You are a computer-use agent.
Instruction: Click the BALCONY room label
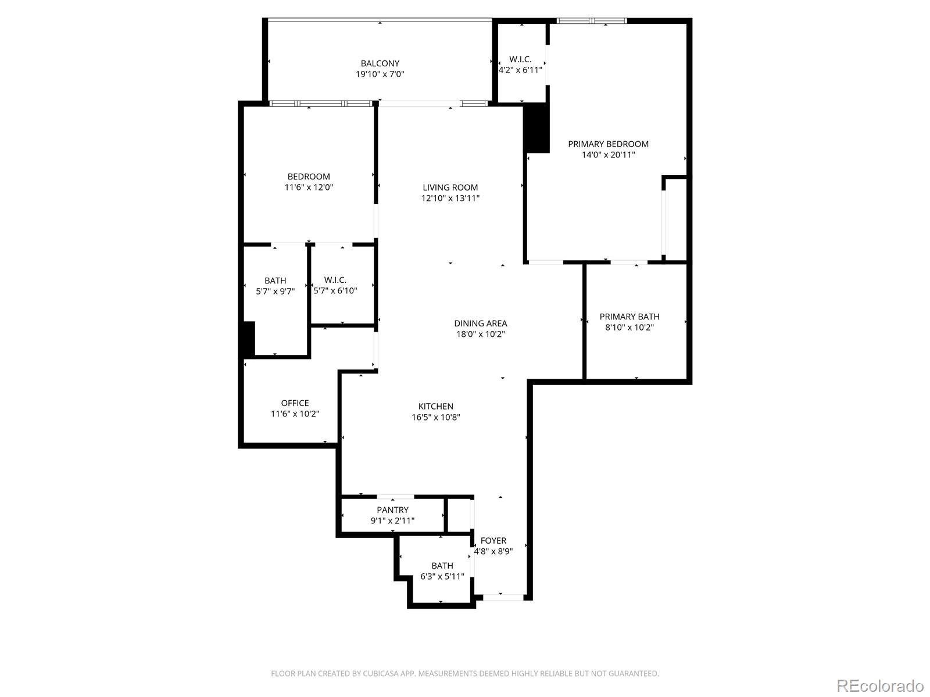[380, 63]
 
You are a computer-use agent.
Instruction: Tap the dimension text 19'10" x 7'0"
[380, 74]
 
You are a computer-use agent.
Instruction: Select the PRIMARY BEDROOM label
[608, 144]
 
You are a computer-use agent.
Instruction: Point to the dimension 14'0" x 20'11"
[608, 155]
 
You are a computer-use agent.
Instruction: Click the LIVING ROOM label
[450, 187]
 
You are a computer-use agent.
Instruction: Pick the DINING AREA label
[480, 323]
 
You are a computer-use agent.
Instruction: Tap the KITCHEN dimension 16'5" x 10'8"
[436, 417]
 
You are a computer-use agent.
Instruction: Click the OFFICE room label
[295, 403]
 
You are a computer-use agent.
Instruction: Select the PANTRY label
[392, 510]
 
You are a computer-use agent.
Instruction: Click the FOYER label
[493, 541]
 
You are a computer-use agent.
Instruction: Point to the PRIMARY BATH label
[629, 317]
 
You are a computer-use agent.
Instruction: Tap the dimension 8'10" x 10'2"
[629, 328]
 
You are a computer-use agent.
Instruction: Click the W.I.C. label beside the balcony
[520, 59]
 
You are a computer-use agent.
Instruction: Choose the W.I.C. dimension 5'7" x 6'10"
[335, 291]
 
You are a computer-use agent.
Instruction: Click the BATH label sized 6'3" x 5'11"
[442, 566]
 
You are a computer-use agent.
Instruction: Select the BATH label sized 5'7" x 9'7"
[275, 281]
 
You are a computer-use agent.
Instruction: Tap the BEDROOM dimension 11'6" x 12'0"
[309, 188]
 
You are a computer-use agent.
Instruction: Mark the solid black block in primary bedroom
[537, 129]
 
